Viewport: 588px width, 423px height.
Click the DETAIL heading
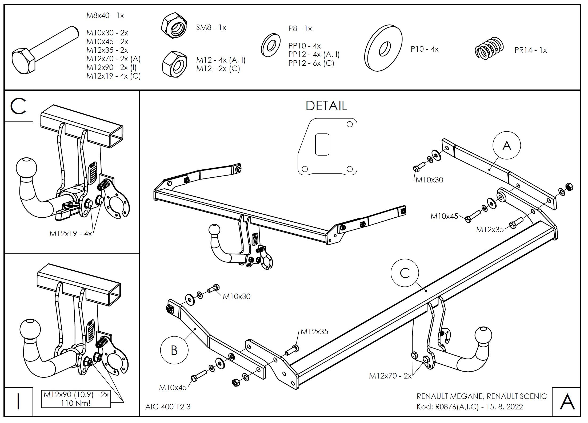point(326,106)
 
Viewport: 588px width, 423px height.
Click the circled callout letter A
point(506,145)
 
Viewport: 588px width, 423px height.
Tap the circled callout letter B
point(174,350)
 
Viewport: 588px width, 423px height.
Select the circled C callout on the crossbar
point(405,273)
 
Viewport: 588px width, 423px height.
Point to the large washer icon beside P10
point(383,48)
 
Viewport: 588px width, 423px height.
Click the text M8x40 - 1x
point(105,16)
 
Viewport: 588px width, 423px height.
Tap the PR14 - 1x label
point(530,50)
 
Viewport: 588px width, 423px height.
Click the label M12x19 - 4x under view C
point(71,234)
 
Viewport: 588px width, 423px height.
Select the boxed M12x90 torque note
point(76,398)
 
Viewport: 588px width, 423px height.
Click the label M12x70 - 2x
point(390,376)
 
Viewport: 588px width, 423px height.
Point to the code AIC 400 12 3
point(168,407)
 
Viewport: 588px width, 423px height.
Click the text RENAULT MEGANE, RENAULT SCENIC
point(482,396)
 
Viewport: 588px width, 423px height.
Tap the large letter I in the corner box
point(18,402)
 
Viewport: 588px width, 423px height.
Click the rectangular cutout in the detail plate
point(322,144)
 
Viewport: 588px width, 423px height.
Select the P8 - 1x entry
point(300,29)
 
